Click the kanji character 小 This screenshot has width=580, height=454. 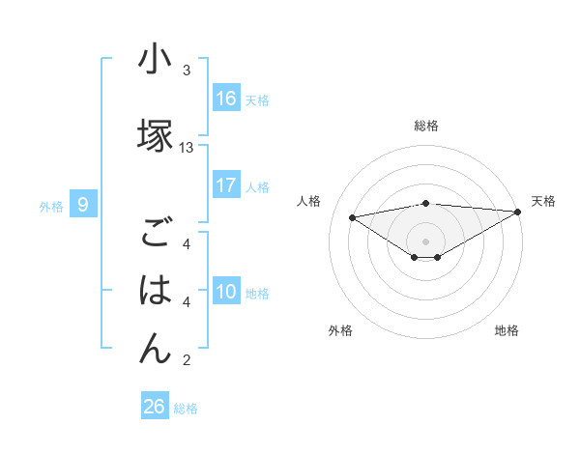click(155, 61)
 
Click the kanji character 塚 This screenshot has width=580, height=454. click(155, 136)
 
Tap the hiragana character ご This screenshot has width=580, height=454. click(155, 234)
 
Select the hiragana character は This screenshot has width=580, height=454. click(155, 290)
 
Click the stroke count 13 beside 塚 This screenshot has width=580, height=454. click(187, 148)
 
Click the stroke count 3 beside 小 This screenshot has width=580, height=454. click(187, 71)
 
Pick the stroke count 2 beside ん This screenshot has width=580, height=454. click(187, 361)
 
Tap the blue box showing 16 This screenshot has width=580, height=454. click(226, 99)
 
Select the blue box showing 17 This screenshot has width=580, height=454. click(226, 185)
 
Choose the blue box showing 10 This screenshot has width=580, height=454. click(226, 293)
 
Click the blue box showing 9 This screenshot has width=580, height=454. click(84, 205)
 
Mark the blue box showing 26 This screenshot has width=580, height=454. click(155, 407)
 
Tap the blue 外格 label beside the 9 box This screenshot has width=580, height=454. click(51, 206)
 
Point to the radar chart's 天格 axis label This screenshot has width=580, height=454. click(543, 201)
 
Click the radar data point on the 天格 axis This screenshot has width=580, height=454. click(518, 212)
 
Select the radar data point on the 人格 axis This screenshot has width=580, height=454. click(352, 216)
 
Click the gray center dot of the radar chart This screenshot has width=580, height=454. click(425, 241)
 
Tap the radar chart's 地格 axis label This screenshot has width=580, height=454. click(507, 330)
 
